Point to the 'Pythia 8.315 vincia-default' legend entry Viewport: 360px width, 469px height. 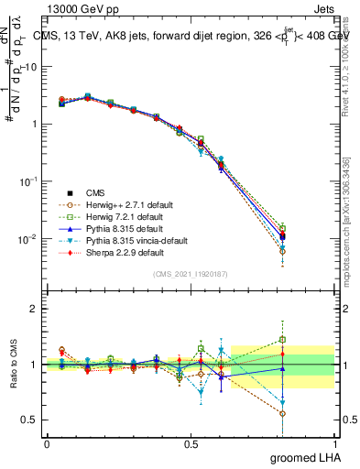138,240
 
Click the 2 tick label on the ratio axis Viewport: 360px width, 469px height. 34,310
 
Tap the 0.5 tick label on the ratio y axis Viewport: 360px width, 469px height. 29,420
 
